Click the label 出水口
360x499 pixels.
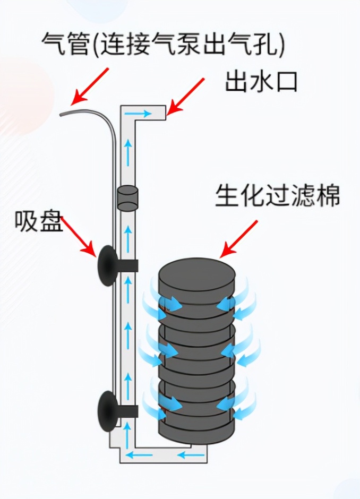(x=261, y=82)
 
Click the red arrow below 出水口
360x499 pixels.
(x=186, y=96)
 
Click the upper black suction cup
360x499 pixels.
(x=105, y=265)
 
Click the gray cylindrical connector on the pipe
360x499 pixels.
(x=127, y=197)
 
